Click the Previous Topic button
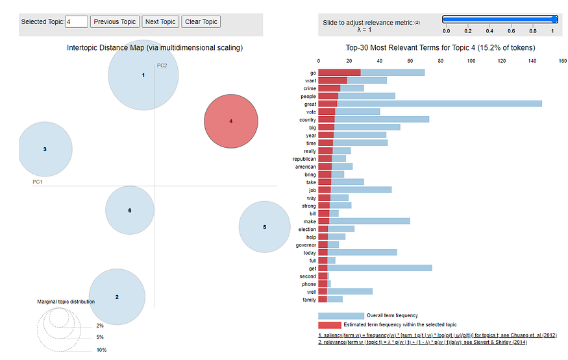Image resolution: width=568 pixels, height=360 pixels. pyautogui.click(x=115, y=21)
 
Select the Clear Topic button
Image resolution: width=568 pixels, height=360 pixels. pyautogui.click(x=201, y=21)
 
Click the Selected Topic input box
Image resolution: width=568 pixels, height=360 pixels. pyautogui.click(x=77, y=21)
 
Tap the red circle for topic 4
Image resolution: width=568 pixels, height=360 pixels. pyautogui.click(x=231, y=121)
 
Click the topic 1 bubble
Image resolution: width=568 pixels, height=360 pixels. pyautogui.click(x=143, y=75)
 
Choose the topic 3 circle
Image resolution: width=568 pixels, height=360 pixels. pyautogui.click(x=45, y=149)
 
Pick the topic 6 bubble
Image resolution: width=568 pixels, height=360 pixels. pyautogui.click(x=130, y=210)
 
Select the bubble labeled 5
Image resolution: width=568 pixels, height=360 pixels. pyautogui.click(x=264, y=227)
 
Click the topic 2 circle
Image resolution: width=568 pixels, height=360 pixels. pyautogui.click(x=117, y=296)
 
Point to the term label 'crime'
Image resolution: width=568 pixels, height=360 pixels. pyautogui.click(x=310, y=88)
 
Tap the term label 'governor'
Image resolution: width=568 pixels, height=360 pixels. pyautogui.click(x=306, y=245)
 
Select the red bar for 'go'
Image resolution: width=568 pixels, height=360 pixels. pyautogui.click(x=339, y=72)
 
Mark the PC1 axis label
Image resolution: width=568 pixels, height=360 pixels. pyautogui.click(x=38, y=182)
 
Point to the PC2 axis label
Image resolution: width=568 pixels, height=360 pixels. pyautogui.click(x=162, y=66)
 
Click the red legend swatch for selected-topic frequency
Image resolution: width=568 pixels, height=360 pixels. pyautogui.click(x=330, y=324)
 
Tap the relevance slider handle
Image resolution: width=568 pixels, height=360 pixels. pyautogui.click(x=554, y=19)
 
